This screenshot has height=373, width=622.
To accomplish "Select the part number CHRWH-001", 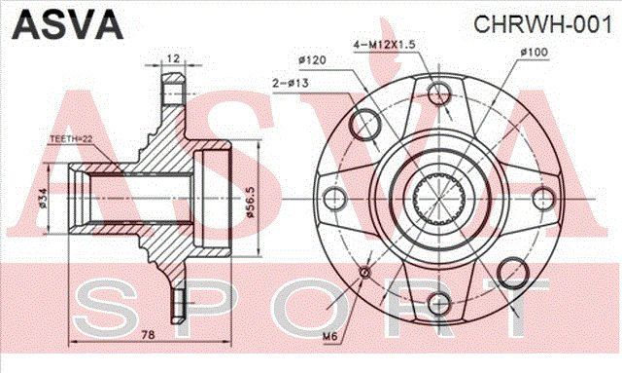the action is pyautogui.click(x=542, y=24).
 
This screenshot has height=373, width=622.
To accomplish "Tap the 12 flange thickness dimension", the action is pyautogui.click(x=173, y=58).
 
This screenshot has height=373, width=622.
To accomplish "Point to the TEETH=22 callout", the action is pyautogui.click(x=71, y=139).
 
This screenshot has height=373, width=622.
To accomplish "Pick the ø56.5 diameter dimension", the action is pyautogui.click(x=251, y=203).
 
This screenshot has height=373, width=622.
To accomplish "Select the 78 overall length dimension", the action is pyautogui.click(x=148, y=335).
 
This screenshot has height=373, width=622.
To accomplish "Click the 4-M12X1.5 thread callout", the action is pyautogui.click(x=384, y=45).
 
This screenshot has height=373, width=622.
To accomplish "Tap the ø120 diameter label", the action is pyautogui.click(x=312, y=60).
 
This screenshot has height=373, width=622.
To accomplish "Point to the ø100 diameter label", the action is pyautogui.click(x=534, y=52).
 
